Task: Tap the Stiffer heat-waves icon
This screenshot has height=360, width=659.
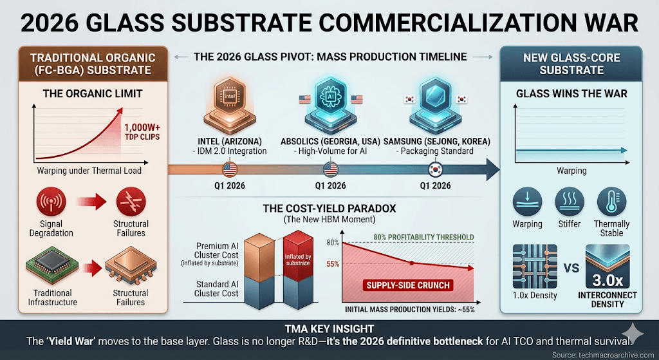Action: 570,202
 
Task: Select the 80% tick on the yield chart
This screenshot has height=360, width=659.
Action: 333,243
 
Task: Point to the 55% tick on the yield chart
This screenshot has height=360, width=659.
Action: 333,264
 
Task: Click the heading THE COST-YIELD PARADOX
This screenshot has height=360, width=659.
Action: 329,209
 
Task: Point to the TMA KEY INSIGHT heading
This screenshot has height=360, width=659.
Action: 329,327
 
